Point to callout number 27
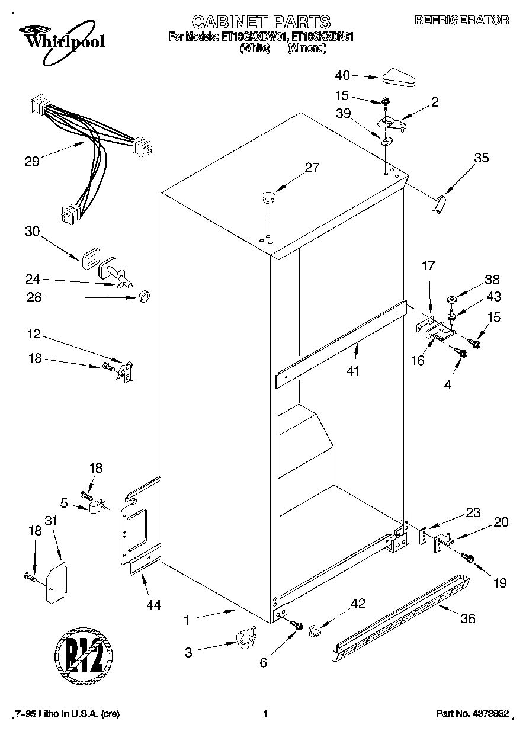pyautogui.click(x=312, y=167)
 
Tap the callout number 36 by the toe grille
pyautogui.click(x=467, y=619)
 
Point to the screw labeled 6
pyautogui.click(x=297, y=625)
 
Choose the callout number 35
pyautogui.click(x=482, y=158)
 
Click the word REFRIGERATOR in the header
pyautogui.click(x=461, y=20)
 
